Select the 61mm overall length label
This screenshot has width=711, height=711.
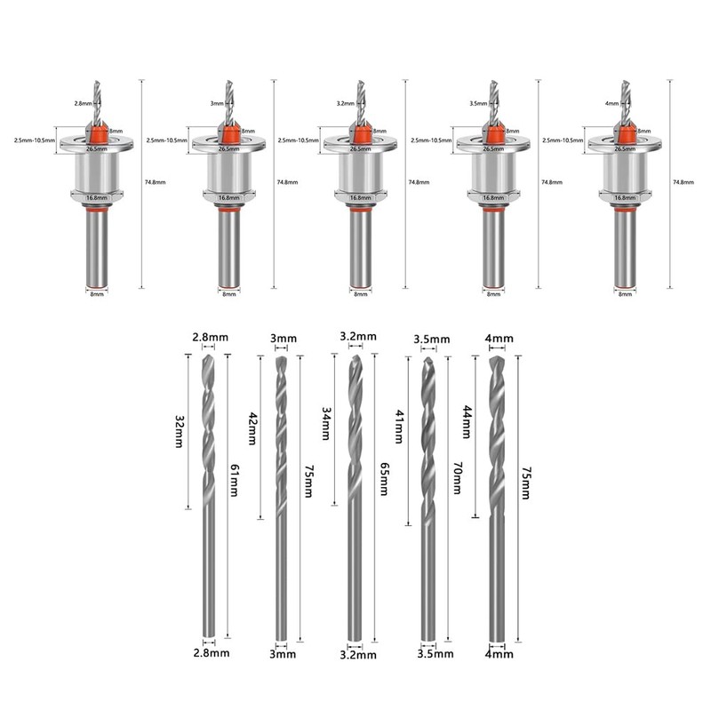point(235,480)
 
